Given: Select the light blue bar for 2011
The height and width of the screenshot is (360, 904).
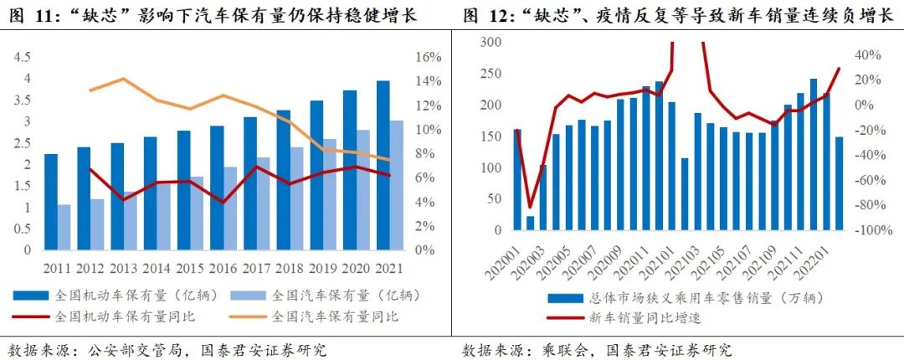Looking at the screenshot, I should [x=64, y=227].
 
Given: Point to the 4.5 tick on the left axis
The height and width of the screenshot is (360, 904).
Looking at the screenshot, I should [x=21, y=57].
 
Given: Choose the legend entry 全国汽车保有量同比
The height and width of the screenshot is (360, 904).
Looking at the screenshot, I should [x=335, y=317].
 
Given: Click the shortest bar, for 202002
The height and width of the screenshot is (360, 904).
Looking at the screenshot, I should [x=530, y=223].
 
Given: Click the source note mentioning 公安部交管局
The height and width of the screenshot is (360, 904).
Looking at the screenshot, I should [x=167, y=349].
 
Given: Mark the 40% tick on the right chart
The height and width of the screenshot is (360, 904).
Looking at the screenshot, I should [x=866, y=55].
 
